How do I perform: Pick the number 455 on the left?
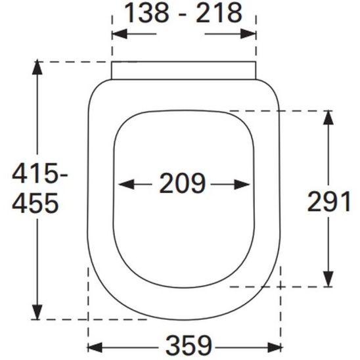click(x=36, y=204)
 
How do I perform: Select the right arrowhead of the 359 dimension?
click(x=278, y=346)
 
